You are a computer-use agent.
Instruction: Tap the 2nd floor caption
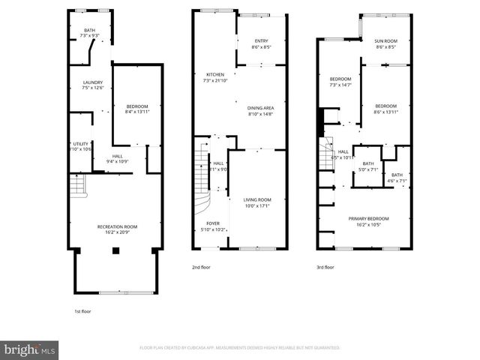[x=201, y=266]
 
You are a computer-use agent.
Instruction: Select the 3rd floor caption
[x=325, y=266]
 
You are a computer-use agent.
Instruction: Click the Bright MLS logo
[x=30, y=349]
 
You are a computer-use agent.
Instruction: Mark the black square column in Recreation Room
[x=115, y=251]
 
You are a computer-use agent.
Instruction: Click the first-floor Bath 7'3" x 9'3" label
[x=89, y=33]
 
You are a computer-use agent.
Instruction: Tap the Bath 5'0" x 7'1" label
[x=368, y=166]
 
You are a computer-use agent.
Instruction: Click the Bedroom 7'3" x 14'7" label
[x=340, y=82]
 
